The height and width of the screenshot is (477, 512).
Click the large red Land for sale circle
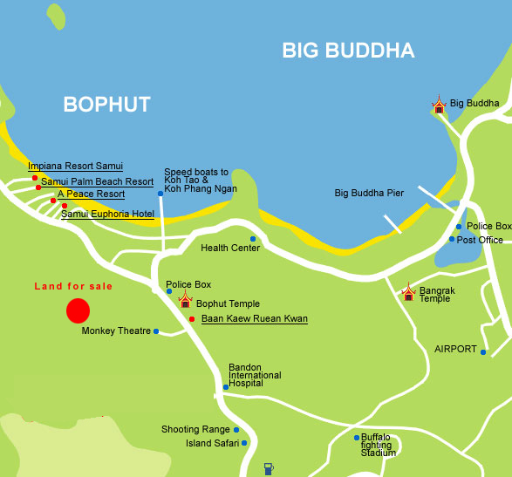click(x=78, y=310)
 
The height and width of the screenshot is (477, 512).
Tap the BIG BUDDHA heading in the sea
click(x=348, y=51)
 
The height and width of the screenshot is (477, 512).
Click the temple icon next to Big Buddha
click(x=439, y=106)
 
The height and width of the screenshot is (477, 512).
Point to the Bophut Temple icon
click(x=185, y=301)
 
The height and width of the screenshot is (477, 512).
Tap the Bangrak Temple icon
click(x=408, y=292)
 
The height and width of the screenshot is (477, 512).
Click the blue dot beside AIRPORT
click(x=483, y=351)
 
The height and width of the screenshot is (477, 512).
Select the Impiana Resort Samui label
click(x=75, y=166)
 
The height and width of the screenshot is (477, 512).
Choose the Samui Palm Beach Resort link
click(x=97, y=181)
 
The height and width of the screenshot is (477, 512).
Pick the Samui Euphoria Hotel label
click(x=107, y=214)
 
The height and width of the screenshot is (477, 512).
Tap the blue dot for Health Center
click(x=253, y=239)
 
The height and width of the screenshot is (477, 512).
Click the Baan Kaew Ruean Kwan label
click(x=254, y=319)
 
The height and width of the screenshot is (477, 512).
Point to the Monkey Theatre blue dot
click(x=156, y=331)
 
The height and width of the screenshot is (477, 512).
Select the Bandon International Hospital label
click(x=255, y=376)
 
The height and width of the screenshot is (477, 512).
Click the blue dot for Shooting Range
click(x=236, y=429)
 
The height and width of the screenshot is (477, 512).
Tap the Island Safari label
click(x=210, y=443)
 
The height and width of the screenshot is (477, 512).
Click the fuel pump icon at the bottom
click(x=269, y=468)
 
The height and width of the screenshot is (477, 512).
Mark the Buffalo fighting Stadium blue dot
click(x=356, y=437)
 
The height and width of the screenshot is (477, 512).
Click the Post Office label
click(x=480, y=240)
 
